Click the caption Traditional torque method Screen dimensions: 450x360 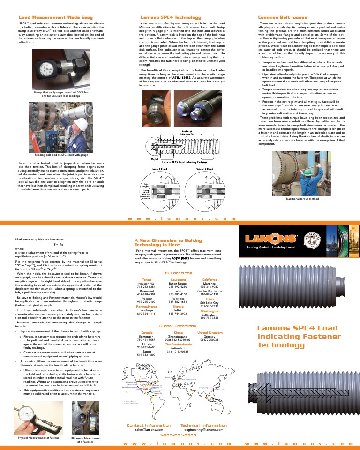click(302, 199)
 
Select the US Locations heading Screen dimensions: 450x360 click(178, 273)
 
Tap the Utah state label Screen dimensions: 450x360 click(210, 298)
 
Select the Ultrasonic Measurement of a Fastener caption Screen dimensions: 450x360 click(85, 440)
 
